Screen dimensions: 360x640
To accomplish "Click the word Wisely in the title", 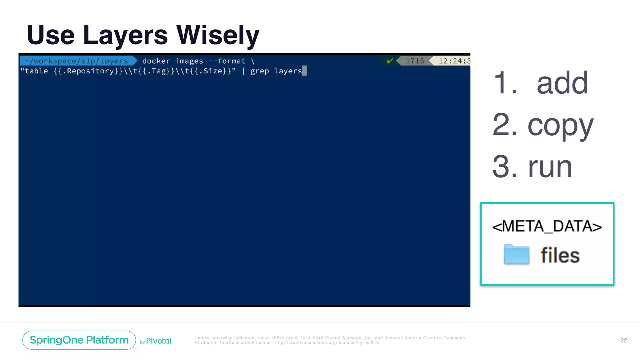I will tap(218, 35).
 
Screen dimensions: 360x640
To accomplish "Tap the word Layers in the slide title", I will tap(125, 35).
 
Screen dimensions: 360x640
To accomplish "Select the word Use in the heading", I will tap(51, 35).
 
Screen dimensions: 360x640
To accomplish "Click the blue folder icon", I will tap(517, 254).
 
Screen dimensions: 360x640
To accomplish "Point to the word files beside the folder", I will tap(560, 255).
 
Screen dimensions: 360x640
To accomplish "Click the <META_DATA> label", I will tap(547, 226).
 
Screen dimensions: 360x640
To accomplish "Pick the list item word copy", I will tap(560, 125).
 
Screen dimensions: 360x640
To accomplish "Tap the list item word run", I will tap(550, 167).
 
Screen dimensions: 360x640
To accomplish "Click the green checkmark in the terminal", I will tap(390, 61).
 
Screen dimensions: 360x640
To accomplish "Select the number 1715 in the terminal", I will tap(415, 61).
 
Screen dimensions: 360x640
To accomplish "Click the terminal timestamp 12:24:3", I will tap(454, 61).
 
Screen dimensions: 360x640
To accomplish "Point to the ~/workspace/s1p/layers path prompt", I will tap(77, 61).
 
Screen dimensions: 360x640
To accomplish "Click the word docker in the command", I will tap(156, 61).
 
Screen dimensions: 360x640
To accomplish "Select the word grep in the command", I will tap(259, 71).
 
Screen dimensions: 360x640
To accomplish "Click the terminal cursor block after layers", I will tap(304, 71).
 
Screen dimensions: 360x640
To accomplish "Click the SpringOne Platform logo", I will tap(79, 340).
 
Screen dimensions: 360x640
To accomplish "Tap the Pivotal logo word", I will tap(159, 341).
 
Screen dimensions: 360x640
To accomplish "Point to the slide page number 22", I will tap(623, 340).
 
